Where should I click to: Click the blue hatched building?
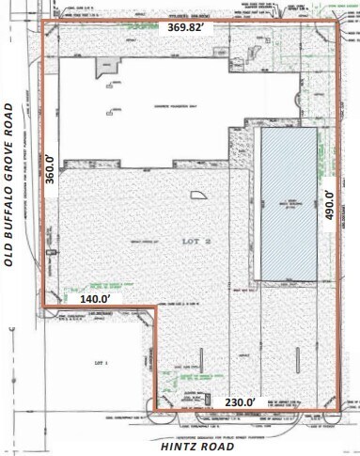click(x=288, y=204)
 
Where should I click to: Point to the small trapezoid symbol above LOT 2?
click(x=198, y=195)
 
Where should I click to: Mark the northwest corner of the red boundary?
click(x=48, y=24)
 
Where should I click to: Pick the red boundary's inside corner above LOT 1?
click(x=156, y=307)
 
